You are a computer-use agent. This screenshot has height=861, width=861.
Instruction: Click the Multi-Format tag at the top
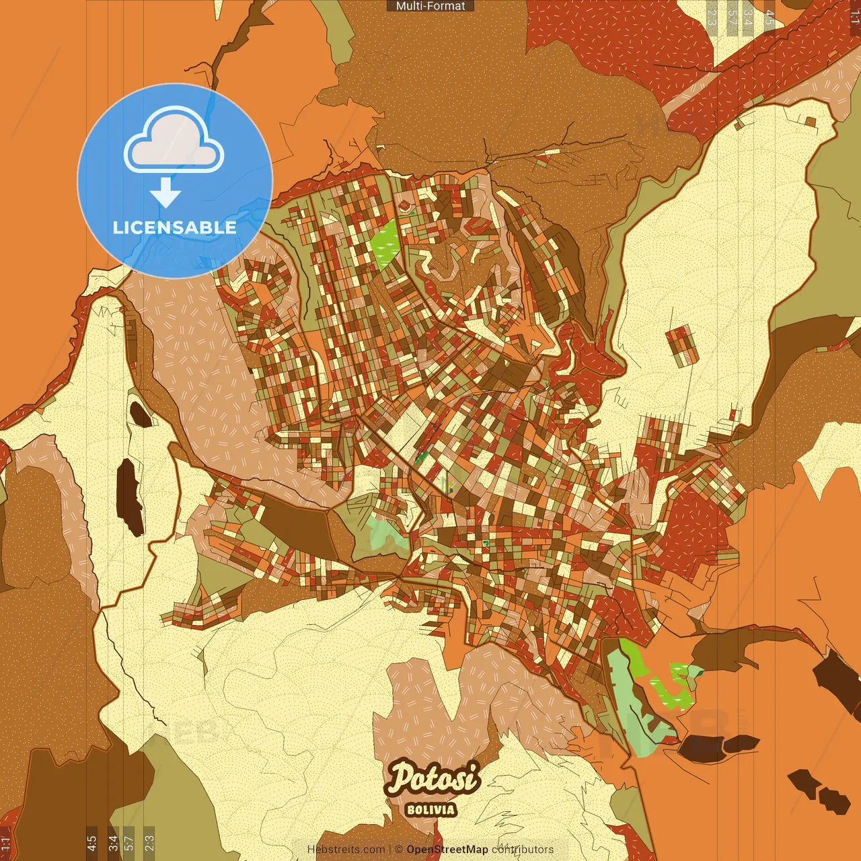click(430, 6)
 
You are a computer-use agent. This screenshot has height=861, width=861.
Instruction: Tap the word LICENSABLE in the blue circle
click(175, 227)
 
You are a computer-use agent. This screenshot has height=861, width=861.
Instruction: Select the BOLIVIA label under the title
click(430, 809)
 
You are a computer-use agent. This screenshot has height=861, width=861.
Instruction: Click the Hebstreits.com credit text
click(346, 850)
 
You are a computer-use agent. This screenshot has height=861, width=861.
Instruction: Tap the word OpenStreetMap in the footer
click(447, 850)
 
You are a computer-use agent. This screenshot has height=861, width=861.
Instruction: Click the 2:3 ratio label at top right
click(712, 17)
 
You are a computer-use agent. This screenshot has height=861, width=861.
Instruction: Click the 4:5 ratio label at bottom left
click(91, 843)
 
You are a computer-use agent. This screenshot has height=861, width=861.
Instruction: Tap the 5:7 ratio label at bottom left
click(129, 843)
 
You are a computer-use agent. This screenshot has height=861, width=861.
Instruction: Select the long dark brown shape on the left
click(129, 496)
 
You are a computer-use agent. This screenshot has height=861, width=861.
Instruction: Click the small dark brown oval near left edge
click(141, 414)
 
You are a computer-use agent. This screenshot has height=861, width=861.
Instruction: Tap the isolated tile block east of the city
click(681, 344)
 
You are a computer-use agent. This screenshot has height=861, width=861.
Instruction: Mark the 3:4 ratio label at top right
click(747, 17)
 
